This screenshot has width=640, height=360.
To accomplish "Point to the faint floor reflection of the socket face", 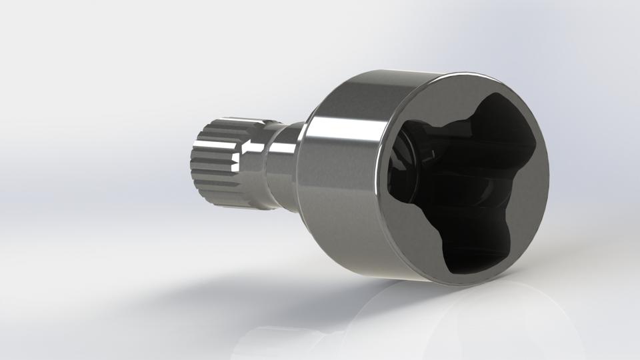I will pos(467,320).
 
